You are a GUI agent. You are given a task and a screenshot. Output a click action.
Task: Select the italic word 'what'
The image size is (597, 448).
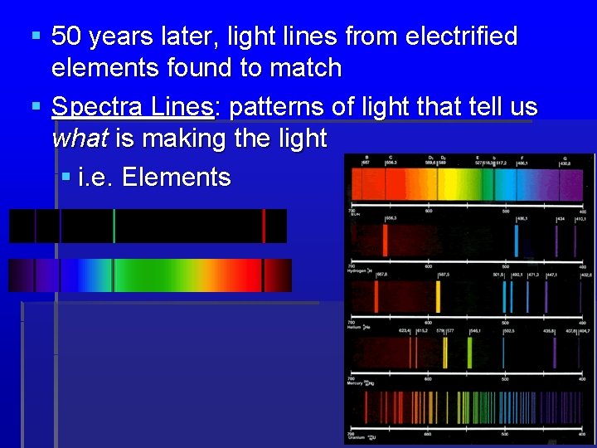pos(79,138)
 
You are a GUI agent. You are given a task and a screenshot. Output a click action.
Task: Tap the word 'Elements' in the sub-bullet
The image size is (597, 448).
pos(176,177)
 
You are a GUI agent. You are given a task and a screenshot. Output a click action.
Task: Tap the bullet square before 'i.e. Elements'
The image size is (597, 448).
pos(66,178)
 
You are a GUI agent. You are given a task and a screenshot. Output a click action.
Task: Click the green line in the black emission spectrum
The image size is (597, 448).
pos(114,226)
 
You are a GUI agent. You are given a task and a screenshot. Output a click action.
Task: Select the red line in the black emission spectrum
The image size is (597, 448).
pos(264,226)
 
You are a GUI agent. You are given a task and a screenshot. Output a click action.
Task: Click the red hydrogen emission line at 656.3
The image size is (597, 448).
pos(385,241)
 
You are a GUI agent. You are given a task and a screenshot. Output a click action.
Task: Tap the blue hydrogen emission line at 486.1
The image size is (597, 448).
pos(516,241)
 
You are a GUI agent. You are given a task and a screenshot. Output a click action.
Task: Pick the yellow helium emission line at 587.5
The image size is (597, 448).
pos(439,296)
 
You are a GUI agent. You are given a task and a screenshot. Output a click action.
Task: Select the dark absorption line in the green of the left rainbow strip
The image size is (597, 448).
pos(113,275)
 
